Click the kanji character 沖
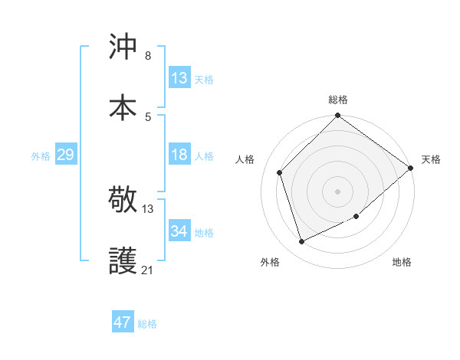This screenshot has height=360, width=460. [x=123, y=47]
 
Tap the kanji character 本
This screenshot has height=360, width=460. [x=123, y=106]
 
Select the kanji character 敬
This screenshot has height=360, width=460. [x=123, y=201]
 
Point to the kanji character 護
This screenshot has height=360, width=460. [x=123, y=261]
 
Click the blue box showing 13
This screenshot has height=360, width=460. [x=179, y=78]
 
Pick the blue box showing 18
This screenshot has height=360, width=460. [x=179, y=155]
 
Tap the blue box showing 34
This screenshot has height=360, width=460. [x=179, y=231]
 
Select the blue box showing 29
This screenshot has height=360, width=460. [x=65, y=155]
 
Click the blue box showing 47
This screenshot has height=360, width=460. [x=122, y=322]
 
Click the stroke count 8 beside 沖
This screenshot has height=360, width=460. [x=148, y=56]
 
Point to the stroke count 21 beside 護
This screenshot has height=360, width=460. [x=147, y=270]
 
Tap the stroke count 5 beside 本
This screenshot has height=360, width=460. [x=148, y=116]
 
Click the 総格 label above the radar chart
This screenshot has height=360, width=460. [x=338, y=100]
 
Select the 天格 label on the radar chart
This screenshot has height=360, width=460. [x=431, y=159]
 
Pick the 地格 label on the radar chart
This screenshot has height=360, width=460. [x=402, y=263]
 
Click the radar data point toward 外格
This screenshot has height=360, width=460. [x=302, y=242]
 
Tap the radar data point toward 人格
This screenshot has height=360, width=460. [x=280, y=172]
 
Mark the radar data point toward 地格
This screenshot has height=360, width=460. [x=357, y=217]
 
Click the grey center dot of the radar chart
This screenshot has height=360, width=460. [x=337, y=191]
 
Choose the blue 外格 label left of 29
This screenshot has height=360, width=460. [x=41, y=155]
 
